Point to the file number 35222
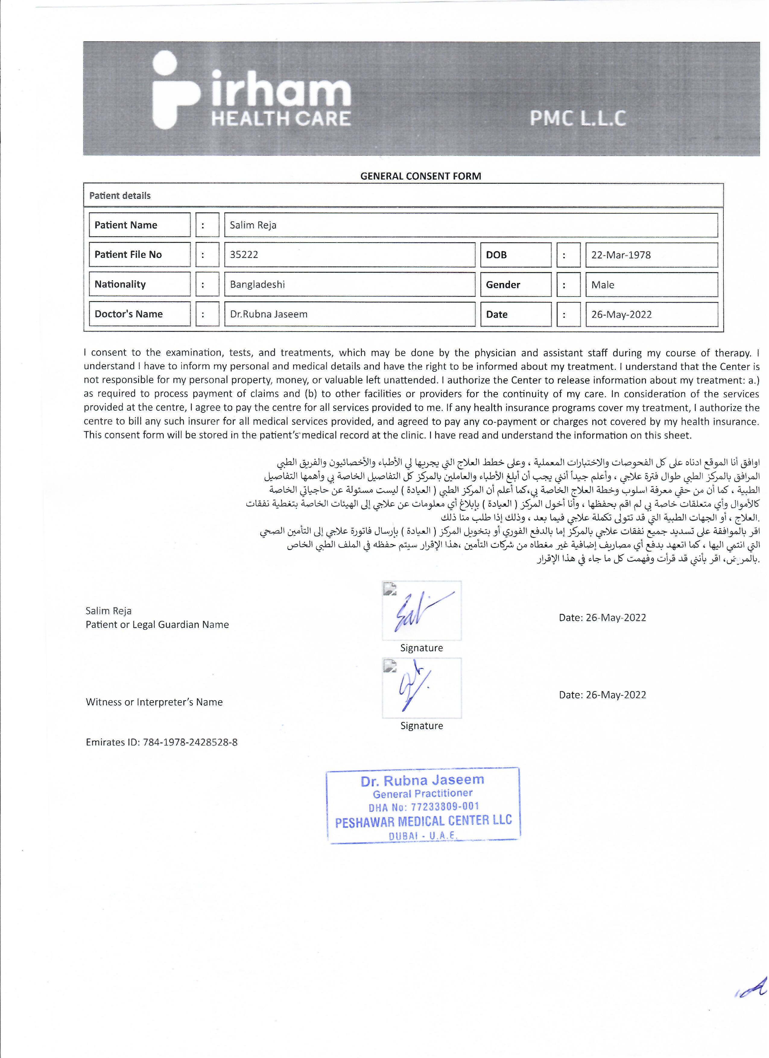point(244,255)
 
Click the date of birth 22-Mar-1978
point(621,255)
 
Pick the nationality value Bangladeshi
point(257,284)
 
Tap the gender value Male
point(603,285)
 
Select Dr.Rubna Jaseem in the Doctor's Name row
point(269,314)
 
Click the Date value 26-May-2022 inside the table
point(621,314)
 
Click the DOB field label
point(496,255)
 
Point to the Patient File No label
point(128,255)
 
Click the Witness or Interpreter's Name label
point(154,702)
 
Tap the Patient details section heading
point(120,196)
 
